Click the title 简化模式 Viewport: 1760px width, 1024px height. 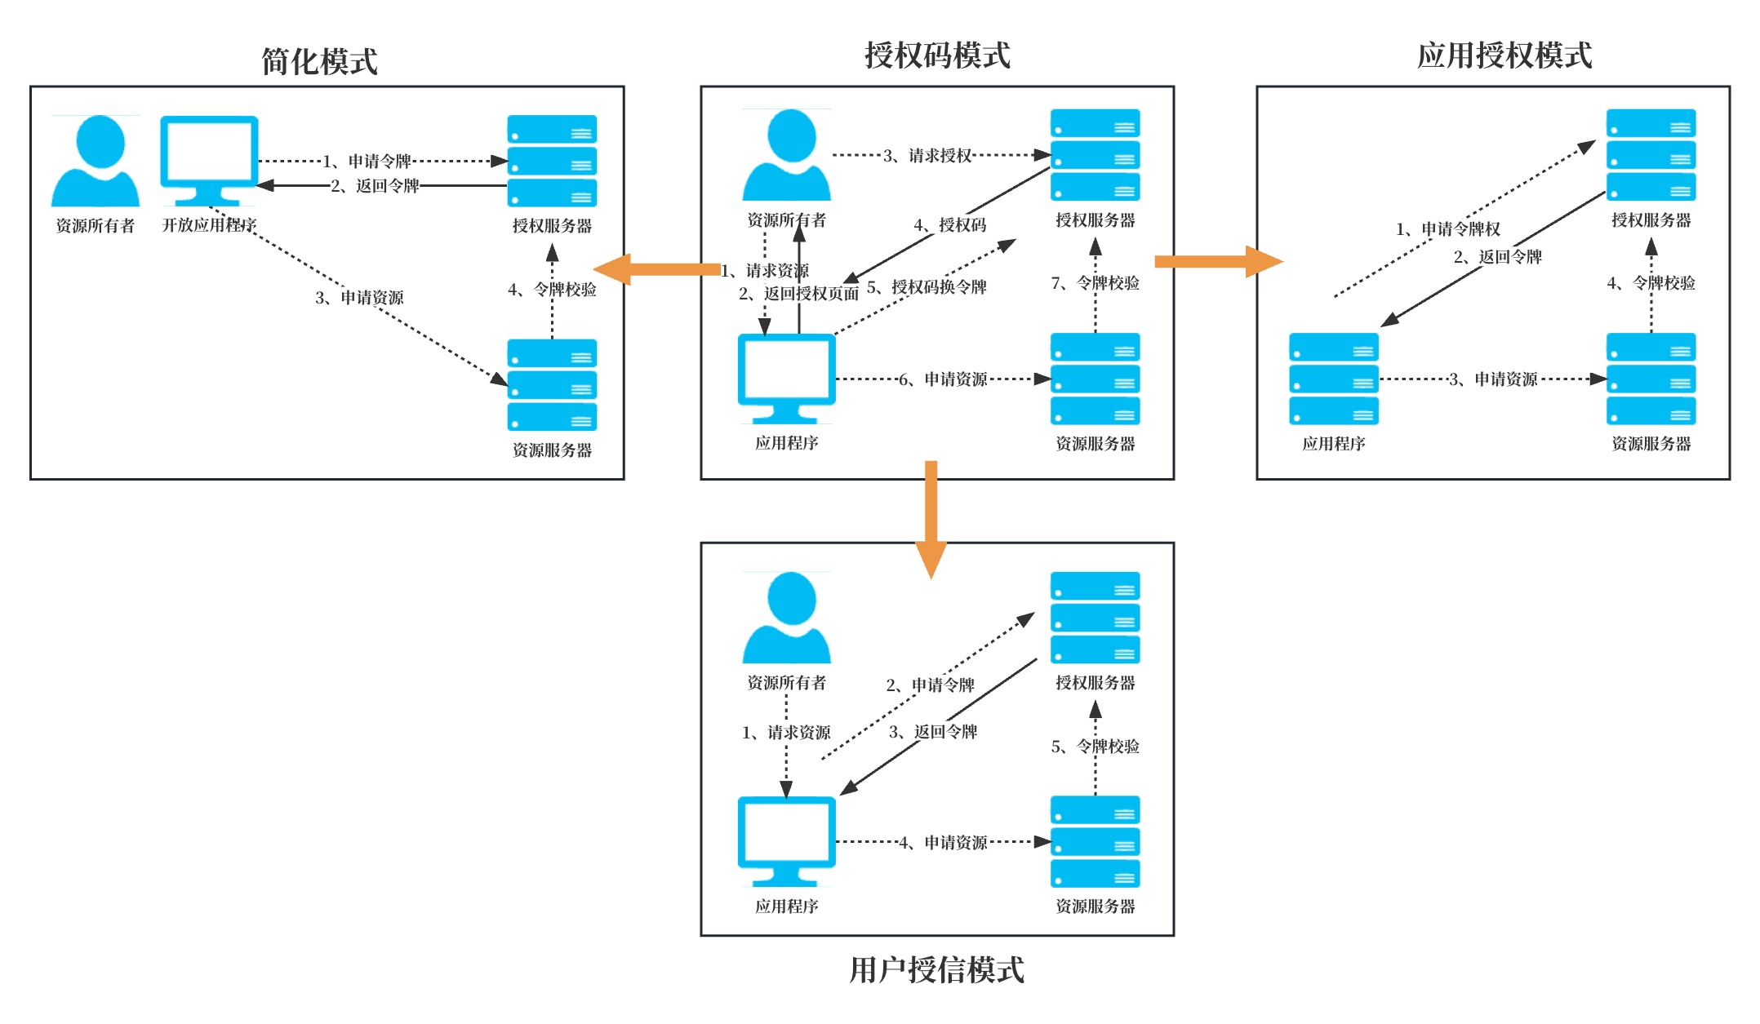tap(319, 61)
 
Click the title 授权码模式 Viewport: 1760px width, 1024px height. tap(937, 55)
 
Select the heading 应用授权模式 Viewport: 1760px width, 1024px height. tap(1504, 55)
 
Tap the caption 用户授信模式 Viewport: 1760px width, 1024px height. tap(936, 970)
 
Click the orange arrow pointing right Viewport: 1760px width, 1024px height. tap(1216, 262)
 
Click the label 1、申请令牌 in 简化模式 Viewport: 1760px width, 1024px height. tap(367, 162)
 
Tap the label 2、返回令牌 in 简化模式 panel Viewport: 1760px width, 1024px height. tap(375, 186)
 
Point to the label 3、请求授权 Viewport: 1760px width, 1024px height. tap(927, 155)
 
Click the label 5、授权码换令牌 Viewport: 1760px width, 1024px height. tap(927, 287)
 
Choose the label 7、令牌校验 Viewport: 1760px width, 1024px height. tap(1095, 283)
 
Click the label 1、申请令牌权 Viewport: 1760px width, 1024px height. tap(1447, 229)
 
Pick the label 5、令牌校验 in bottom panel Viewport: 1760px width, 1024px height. tap(1095, 746)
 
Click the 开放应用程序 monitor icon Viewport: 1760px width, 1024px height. tap(209, 160)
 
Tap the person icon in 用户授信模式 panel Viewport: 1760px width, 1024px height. tap(787, 618)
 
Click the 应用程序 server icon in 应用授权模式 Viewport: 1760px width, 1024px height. tap(1333, 379)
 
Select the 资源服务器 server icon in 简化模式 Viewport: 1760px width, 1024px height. tap(552, 385)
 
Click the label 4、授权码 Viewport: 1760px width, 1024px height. tap(949, 225)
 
